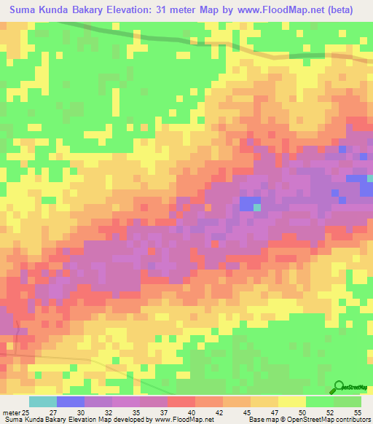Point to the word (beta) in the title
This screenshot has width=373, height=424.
tap(338, 10)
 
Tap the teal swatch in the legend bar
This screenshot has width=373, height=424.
tap(43, 402)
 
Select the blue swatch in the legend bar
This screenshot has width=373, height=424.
tap(71, 402)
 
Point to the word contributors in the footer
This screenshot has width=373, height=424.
tap(351, 419)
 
